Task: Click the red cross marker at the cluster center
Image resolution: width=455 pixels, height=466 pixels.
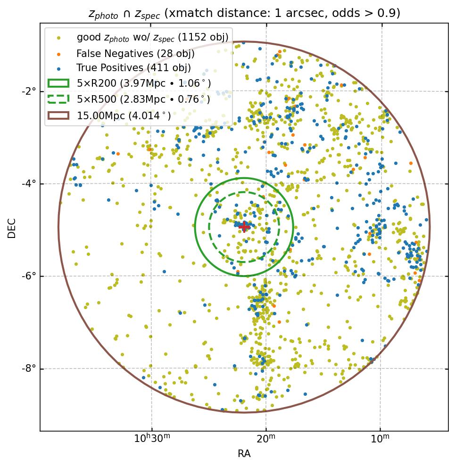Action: (244, 227)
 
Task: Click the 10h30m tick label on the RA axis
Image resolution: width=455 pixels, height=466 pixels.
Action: (152, 439)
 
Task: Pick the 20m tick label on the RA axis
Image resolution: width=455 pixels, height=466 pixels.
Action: (266, 439)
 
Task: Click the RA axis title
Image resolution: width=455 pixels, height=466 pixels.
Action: (244, 454)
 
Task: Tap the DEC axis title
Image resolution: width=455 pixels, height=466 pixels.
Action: (12, 228)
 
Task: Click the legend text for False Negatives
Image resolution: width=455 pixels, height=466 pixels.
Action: (135, 54)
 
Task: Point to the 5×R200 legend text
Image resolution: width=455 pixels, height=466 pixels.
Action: (143, 83)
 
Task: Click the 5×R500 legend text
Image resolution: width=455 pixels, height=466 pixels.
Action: (143, 99)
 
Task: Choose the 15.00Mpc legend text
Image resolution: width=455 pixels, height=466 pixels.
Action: (124, 115)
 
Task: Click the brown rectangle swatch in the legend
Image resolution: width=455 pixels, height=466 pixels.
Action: (58, 115)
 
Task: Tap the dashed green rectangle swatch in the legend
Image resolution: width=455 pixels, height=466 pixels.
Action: (58, 99)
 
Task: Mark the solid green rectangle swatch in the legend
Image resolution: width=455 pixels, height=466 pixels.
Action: (58, 83)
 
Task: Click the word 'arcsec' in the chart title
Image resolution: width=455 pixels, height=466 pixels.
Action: (301, 13)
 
